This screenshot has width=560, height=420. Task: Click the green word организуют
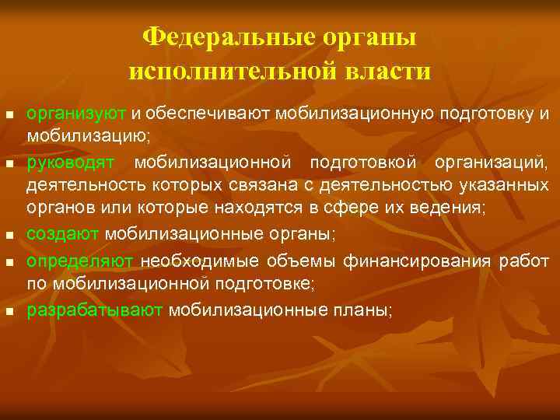[76, 114]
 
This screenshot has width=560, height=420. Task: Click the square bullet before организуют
[9, 115]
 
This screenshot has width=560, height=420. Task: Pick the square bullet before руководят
[9, 164]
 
